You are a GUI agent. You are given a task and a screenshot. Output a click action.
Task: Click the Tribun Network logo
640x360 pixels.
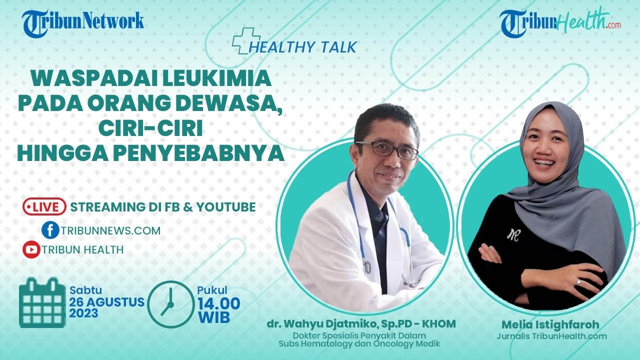[83, 22]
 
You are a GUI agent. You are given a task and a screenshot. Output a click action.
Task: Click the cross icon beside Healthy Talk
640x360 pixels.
[245, 40]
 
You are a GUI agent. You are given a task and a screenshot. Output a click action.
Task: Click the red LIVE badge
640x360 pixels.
[44, 206]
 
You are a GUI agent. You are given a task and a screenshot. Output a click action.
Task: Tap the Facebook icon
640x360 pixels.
[50, 230]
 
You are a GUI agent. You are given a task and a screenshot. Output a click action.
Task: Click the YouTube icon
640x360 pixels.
[31, 249]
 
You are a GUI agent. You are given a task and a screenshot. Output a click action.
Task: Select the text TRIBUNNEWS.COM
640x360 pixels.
[111, 230]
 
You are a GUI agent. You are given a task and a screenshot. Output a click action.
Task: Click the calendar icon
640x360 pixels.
[42, 303]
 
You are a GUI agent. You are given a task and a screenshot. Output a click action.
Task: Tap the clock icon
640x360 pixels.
[170, 304]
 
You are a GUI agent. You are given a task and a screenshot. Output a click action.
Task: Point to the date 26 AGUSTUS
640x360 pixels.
[107, 302]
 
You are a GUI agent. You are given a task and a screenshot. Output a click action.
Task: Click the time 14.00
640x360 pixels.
[218, 303]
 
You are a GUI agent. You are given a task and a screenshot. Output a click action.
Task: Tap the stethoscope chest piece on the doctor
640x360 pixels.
[367, 267]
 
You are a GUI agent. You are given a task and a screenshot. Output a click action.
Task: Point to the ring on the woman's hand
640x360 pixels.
[578, 281]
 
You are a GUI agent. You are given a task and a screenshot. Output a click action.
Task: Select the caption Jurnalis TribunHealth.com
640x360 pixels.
[551, 336]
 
